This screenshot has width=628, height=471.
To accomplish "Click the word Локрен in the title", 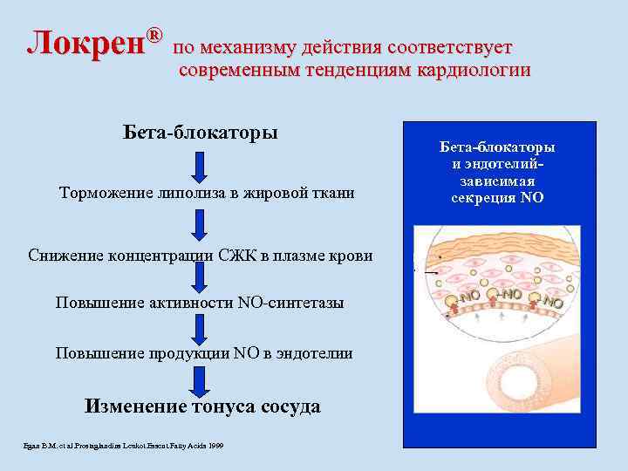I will pyautogui.click(x=85, y=43).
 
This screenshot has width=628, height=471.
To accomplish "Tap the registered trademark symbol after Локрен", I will pyautogui.click(x=154, y=36).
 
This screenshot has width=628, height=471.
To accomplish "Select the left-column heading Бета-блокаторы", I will pyautogui.click(x=201, y=133).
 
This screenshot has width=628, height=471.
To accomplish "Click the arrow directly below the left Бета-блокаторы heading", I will pyautogui.click(x=201, y=166).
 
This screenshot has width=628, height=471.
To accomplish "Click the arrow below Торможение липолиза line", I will pyautogui.click(x=201, y=224).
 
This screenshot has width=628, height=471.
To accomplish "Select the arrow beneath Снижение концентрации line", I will pyautogui.click(x=201, y=277).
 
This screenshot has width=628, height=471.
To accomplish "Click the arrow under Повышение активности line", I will pyautogui.click(x=201, y=327).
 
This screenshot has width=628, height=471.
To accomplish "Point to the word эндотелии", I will pyautogui.click(x=315, y=352).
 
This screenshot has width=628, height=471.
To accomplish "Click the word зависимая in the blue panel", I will pyautogui.click(x=497, y=181).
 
